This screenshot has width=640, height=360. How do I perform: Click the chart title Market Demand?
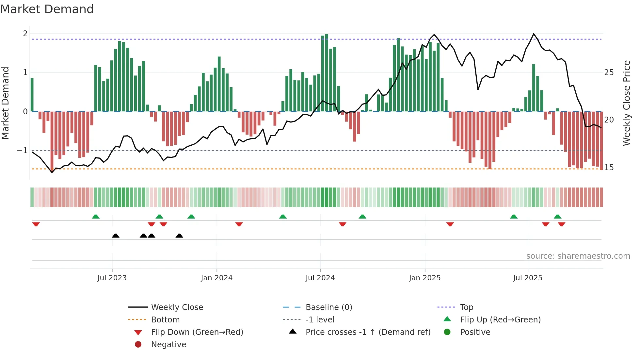47,9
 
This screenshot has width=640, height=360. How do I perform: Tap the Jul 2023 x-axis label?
112,278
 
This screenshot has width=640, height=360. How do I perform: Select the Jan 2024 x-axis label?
216,278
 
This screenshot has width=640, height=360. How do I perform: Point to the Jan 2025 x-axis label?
424,278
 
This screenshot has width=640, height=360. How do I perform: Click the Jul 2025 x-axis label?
527,278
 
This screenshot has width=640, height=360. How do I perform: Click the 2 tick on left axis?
25,34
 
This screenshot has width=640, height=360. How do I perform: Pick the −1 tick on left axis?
22,151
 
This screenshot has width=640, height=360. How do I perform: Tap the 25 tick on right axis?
609,73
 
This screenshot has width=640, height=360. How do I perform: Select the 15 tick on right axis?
609,168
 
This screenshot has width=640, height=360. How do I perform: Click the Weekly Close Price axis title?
626,103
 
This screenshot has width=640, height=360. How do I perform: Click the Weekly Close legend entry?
177,307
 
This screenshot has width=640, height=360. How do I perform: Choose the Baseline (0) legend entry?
328,307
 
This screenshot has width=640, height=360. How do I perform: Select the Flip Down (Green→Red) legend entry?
197,332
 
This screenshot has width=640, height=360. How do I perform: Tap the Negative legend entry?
168,345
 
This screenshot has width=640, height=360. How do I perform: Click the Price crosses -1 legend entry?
368,332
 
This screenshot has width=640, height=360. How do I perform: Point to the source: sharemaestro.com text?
578,256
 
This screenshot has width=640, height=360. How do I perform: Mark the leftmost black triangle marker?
116,236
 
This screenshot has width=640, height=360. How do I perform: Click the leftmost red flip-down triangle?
36,224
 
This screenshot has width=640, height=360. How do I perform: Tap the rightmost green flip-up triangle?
557,217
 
